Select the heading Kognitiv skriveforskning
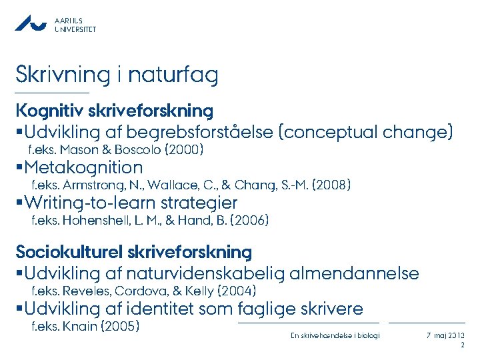click(115, 110)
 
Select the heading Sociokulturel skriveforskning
click(134, 252)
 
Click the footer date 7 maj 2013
click(446, 335)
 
